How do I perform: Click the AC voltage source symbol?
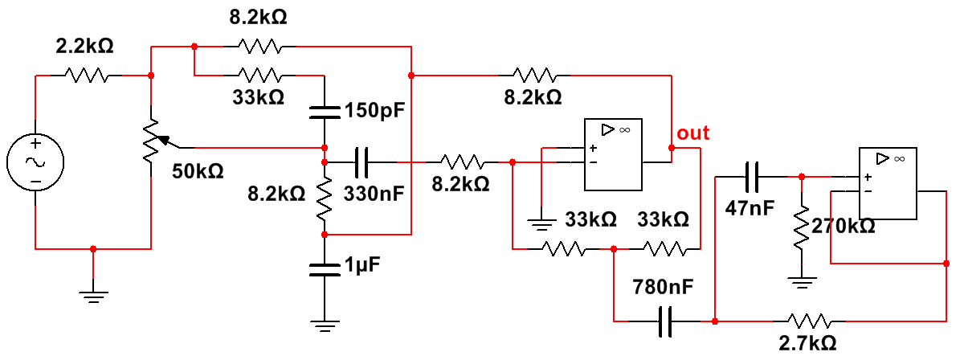coord(36,162)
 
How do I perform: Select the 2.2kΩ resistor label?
coord(84,47)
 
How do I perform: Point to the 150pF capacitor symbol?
coord(324,111)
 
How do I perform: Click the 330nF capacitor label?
coord(375,194)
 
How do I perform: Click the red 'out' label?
coord(693,133)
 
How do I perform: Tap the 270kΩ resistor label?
coord(843,227)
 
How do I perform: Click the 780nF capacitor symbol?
coord(664,321)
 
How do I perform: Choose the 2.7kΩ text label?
coord(807,343)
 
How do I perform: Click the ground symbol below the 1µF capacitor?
coord(324,326)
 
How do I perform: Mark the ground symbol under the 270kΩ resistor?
coord(801,281)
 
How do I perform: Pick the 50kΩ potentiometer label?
coord(197,171)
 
